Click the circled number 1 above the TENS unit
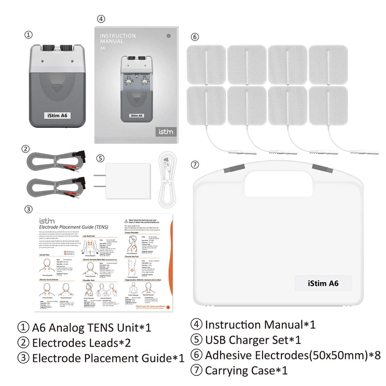29,35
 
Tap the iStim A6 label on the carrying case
323,283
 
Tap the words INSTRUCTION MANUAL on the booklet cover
119,39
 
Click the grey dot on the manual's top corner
168,35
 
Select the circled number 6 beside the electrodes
194,37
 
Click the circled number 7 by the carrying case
194,165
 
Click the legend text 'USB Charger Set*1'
253,340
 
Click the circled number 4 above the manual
100,19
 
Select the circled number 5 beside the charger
100,158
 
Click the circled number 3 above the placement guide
29,209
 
